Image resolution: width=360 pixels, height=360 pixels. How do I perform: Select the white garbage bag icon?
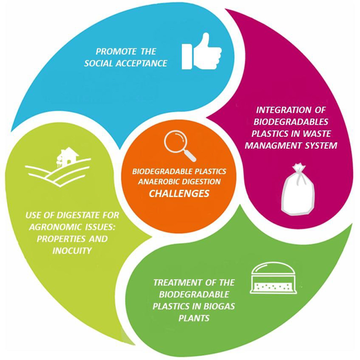pos(298,189)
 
